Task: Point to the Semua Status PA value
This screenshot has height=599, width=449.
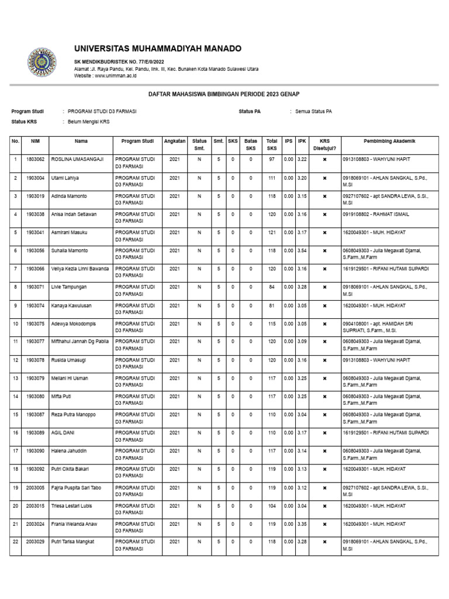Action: click(313, 111)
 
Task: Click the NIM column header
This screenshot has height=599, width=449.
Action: click(35, 141)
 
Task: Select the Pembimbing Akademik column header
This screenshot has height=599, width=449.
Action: click(389, 141)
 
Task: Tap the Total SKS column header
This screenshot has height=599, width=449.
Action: click(272, 144)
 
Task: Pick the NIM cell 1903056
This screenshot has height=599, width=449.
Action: click(35, 250)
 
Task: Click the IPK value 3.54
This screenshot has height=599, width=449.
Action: click(302, 250)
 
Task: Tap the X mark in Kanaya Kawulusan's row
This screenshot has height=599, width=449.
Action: click(324, 305)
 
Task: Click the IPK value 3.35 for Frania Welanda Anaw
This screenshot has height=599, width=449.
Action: click(302, 524)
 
